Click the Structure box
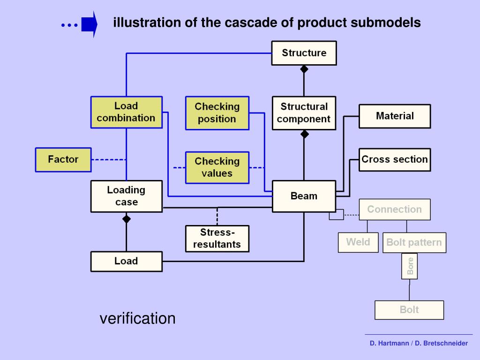[304, 53]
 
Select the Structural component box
[304, 113]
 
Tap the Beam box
[304, 196]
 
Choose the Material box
[394, 116]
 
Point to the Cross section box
[394, 159]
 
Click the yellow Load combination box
[126, 112]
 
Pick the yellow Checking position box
[217, 113]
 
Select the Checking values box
[217, 167]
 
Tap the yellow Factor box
[63, 159]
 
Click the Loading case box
[126, 196]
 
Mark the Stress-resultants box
[217, 239]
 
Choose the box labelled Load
[126, 261]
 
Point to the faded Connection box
[394, 210]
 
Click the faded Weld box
[358, 242]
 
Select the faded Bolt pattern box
[414, 243]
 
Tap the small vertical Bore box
[410, 266]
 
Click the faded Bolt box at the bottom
[409, 310]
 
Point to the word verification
[137, 319]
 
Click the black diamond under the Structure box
[304, 69]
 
